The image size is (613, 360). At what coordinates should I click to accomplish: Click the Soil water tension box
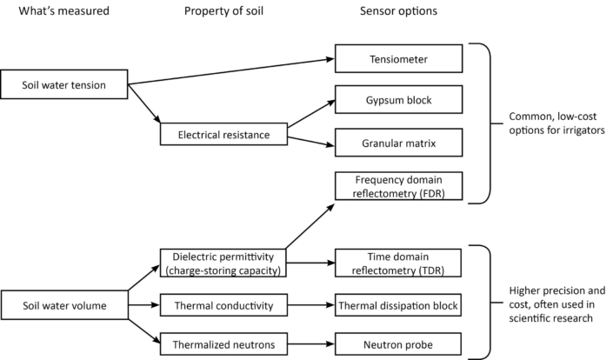click(x=63, y=85)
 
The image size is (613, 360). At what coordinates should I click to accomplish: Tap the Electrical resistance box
click(x=223, y=135)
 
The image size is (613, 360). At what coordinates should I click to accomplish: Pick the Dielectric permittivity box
click(x=223, y=262)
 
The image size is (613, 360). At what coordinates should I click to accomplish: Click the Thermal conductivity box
click(x=223, y=305)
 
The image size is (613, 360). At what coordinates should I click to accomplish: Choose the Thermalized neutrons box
click(x=223, y=344)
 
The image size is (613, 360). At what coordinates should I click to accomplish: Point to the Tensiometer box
click(x=396, y=59)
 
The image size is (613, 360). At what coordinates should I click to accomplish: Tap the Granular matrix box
click(x=396, y=139)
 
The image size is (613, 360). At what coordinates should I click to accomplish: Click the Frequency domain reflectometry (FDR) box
click(x=396, y=185)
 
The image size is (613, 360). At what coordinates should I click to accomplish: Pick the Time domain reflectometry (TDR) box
click(x=396, y=262)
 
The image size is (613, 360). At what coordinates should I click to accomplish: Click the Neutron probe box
click(x=396, y=344)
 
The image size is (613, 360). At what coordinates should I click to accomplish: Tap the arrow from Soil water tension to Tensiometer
click(x=230, y=71)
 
